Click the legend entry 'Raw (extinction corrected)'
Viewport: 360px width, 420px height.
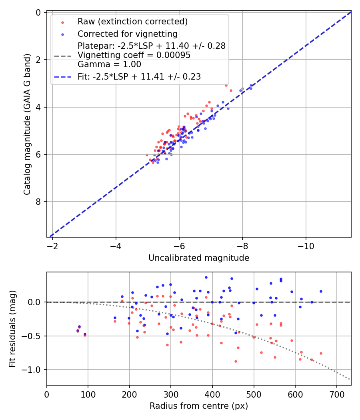(132, 21)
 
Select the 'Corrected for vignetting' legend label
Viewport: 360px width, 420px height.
(128, 34)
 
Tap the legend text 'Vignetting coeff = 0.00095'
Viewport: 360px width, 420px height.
(134, 55)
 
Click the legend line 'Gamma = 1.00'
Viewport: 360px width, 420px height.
(109, 64)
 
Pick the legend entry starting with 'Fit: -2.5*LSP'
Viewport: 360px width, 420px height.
(139, 76)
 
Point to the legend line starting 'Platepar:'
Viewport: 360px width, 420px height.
(152, 46)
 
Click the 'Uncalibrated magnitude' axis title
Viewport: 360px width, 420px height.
(199, 258)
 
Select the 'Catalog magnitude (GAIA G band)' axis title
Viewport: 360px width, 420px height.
(27, 124)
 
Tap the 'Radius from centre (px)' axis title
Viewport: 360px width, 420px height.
(199, 406)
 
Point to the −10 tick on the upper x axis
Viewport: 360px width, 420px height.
(306, 245)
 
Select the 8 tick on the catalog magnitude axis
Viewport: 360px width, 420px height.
(38, 202)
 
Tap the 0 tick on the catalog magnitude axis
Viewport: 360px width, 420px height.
(38, 13)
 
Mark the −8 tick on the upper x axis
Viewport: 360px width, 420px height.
(242, 245)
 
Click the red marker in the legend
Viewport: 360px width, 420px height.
(62, 21)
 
